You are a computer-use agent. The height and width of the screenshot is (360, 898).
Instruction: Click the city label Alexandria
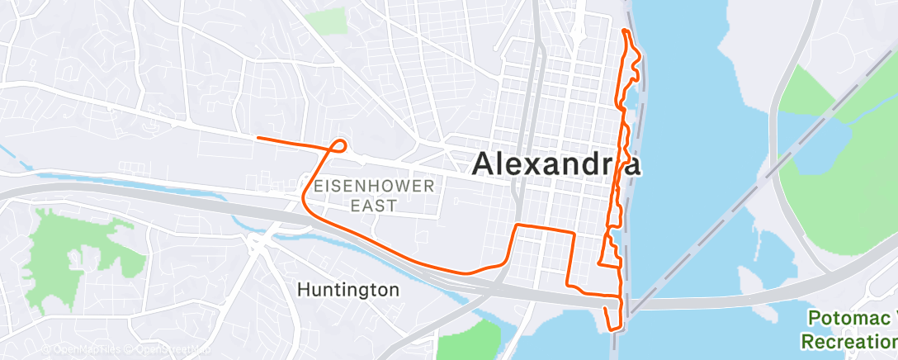point(556,163)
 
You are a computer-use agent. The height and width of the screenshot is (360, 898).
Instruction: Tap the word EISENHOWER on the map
point(372,186)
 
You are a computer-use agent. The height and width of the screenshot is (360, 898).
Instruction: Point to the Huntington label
point(347,290)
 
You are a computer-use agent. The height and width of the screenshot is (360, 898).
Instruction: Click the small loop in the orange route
point(338,146)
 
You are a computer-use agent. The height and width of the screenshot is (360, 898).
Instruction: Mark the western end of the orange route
point(258,138)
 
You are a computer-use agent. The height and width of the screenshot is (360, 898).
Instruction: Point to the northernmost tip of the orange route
point(626,31)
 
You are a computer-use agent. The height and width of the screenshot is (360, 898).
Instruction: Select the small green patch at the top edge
point(328,21)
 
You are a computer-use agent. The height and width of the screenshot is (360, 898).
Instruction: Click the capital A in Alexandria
point(484,163)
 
